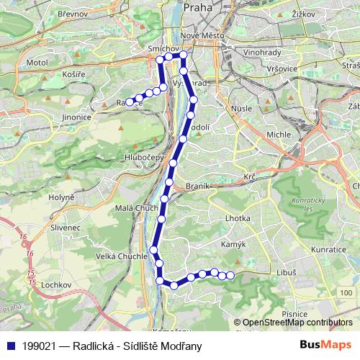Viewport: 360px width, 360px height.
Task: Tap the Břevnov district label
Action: (x=72, y=13)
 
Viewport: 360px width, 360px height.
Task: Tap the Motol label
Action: (x=36, y=63)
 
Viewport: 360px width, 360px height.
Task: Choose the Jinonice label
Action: (x=76, y=117)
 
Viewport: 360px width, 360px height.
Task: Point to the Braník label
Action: (x=197, y=186)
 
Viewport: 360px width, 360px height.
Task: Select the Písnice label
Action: (x=295, y=315)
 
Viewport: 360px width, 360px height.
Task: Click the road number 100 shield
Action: (x=346, y=292)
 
